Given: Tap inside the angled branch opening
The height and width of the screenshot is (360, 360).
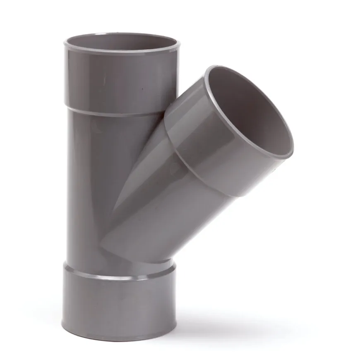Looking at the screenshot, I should (x=248, y=112).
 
